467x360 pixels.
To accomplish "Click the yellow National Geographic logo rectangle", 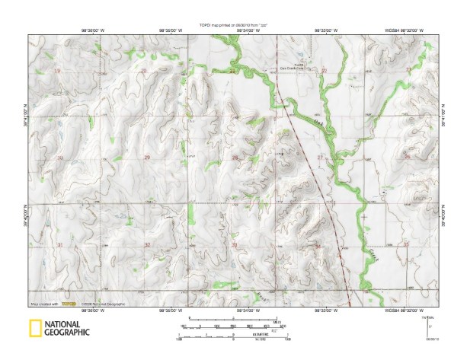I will (x=34, y=330).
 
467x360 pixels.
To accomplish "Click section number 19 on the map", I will (x=58, y=71).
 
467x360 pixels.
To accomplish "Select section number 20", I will (x=144, y=71).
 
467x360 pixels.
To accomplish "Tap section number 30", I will (x=60, y=158).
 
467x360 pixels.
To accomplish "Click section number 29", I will (x=146, y=158).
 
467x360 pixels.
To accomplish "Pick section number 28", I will (x=235, y=158).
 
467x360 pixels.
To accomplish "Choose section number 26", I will (x=407, y=157).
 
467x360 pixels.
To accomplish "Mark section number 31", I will (x=60, y=244).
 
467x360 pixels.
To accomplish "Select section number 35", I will (x=406, y=244).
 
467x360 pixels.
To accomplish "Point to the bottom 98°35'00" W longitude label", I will (x=168, y=311).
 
